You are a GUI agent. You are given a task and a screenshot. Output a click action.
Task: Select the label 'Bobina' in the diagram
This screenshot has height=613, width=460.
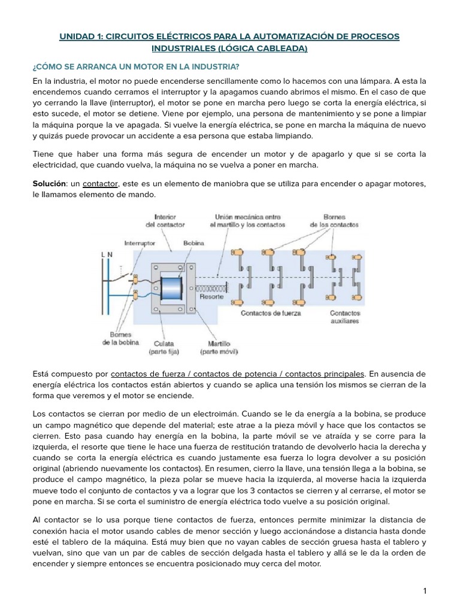tap(193, 244)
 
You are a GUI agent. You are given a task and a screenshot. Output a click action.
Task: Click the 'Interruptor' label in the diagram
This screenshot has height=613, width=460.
tap(140, 244)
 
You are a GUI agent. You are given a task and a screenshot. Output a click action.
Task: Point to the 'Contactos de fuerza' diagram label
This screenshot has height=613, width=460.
tap(271, 312)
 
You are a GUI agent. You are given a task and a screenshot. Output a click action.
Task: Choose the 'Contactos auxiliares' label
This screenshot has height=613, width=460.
tap(344, 317)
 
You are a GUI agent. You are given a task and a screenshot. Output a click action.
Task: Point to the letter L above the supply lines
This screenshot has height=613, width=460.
tap(103, 254)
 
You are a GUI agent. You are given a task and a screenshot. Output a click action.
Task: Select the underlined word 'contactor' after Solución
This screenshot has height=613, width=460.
tap(99, 183)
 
